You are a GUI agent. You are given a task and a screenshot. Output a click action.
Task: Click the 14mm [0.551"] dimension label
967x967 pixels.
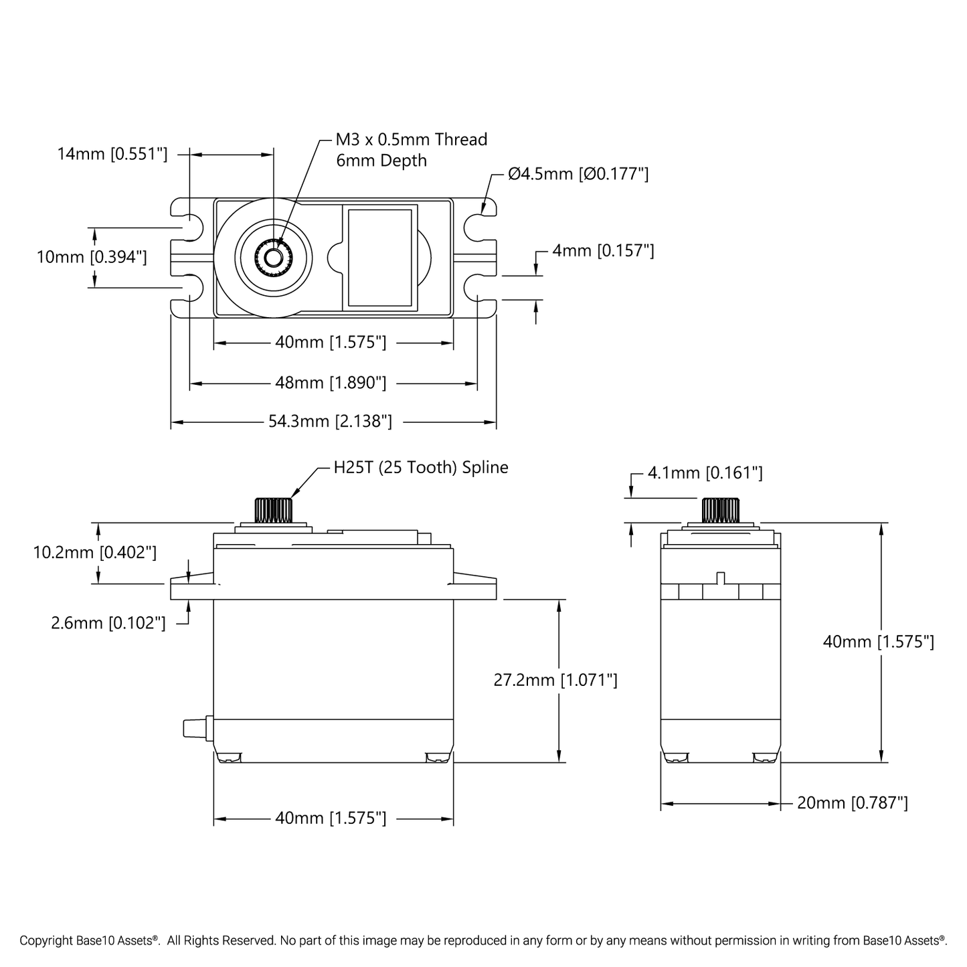tap(112, 154)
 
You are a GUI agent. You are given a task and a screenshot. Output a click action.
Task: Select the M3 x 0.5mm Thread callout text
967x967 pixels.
tap(411, 140)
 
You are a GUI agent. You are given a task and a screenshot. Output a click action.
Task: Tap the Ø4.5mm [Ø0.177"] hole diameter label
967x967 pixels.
tap(578, 174)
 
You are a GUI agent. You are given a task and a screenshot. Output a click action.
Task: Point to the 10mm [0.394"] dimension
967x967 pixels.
tap(92, 257)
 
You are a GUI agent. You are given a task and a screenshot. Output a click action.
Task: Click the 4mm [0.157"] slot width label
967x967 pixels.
tap(603, 251)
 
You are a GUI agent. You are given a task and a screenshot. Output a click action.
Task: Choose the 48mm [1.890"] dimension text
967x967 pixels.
tap(331, 383)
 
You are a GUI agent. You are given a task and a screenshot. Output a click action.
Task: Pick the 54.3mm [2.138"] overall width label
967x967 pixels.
tap(330, 422)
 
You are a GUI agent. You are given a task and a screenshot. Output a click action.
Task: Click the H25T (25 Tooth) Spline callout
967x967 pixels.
tap(421, 467)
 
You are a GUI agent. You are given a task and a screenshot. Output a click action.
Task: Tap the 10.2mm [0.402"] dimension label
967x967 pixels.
tap(95, 552)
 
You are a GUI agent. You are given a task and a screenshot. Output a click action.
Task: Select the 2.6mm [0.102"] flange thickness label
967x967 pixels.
tap(108, 623)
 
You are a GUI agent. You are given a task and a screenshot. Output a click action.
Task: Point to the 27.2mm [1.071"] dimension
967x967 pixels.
tap(555, 680)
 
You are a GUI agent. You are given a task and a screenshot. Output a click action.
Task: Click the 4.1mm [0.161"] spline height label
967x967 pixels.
tap(705, 473)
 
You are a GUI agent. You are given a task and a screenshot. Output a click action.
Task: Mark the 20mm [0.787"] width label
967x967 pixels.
tap(853, 802)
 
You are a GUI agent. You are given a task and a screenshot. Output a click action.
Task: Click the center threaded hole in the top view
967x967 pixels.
tap(273, 256)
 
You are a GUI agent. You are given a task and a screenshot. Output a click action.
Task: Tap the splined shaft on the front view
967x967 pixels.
tap(273, 510)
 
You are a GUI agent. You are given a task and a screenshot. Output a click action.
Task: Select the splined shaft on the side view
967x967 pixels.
tap(720, 510)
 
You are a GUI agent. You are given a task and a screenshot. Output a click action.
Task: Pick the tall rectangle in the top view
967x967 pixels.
tap(380, 258)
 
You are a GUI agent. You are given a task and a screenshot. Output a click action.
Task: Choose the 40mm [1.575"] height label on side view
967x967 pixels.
tap(878, 642)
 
